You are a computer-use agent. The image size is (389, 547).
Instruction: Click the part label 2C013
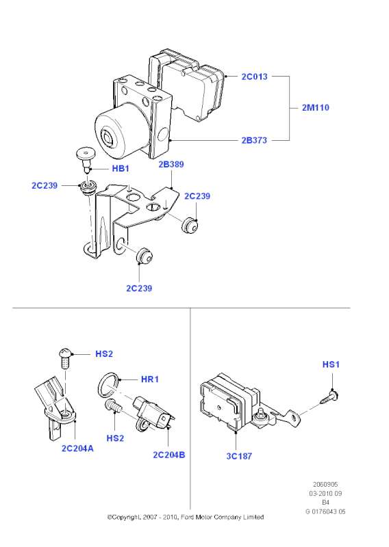pyautogui.click(x=255, y=77)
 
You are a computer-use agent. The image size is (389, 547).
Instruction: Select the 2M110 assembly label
pyautogui.click(x=316, y=107)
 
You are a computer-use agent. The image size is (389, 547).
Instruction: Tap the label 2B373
pyautogui.click(x=254, y=140)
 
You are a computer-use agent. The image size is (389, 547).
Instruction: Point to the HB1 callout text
pyautogui.click(x=121, y=168)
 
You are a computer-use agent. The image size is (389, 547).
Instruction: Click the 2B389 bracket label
pyautogui.click(x=171, y=164)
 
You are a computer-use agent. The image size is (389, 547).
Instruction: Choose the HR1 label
pyautogui.click(x=150, y=379)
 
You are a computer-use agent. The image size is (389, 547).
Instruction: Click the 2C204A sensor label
pyautogui.click(x=77, y=449)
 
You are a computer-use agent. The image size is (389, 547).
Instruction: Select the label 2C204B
pyautogui.click(x=169, y=455)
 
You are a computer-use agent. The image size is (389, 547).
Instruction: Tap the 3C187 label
pyautogui.click(x=239, y=456)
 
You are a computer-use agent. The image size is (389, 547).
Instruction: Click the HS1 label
pyautogui.click(x=331, y=364)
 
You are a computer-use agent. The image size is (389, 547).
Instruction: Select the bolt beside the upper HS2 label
pyautogui.click(x=65, y=357)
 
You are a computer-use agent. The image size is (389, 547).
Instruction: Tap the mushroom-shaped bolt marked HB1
pyautogui.click(x=86, y=159)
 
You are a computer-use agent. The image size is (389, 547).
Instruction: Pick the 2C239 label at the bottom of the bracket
pyautogui.click(x=139, y=289)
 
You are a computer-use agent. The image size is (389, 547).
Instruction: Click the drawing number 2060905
pyautogui.click(x=325, y=485)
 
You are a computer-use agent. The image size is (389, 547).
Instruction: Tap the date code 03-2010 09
pyautogui.click(x=325, y=494)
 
